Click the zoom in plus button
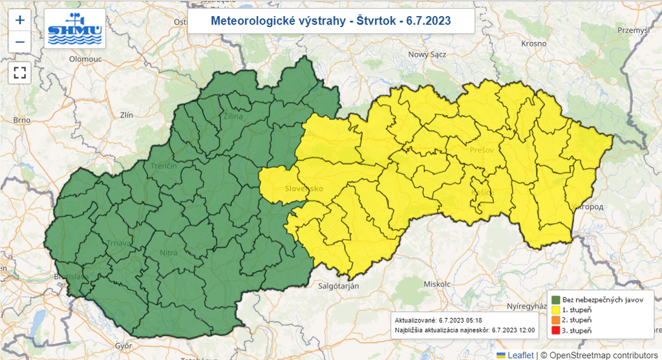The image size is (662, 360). pos(20,20)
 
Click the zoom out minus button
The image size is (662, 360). pos(20,42)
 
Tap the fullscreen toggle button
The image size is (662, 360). pos(20,72)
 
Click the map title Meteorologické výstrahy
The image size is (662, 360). pos(331,21)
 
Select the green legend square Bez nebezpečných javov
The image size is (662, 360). pos(555,300)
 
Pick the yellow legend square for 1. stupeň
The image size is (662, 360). pos(555,310)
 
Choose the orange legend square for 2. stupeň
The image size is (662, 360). pos(555,321)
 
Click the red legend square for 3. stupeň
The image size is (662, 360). pos(555,331)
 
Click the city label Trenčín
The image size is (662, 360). pos(164,167)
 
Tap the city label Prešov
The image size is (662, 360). pos(482,150)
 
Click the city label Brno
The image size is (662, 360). pos(21,121)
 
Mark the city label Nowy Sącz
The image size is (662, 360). pos(427,55)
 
